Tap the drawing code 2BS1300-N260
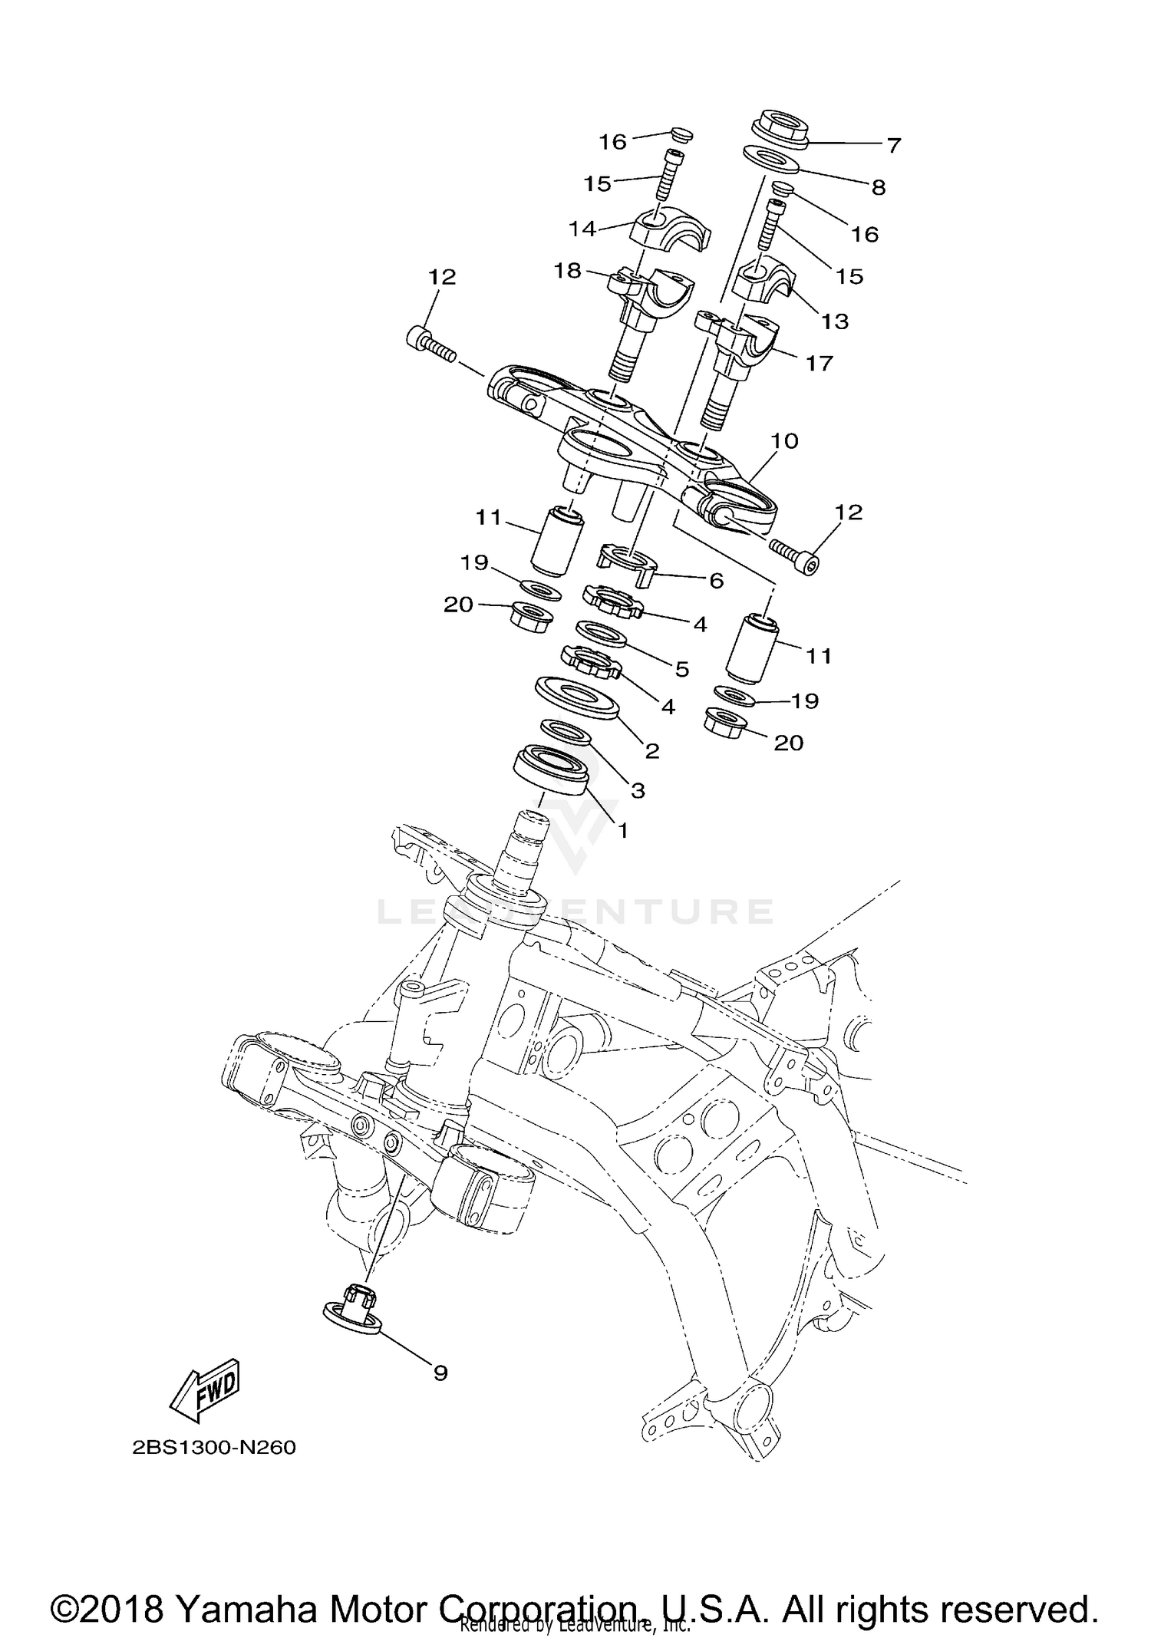coord(213,1448)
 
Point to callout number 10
coord(784,440)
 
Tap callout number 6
coord(715,581)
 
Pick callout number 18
coord(568,271)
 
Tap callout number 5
coord(681,668)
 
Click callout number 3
coord(637,789)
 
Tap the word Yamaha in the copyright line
coord(246,1588)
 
